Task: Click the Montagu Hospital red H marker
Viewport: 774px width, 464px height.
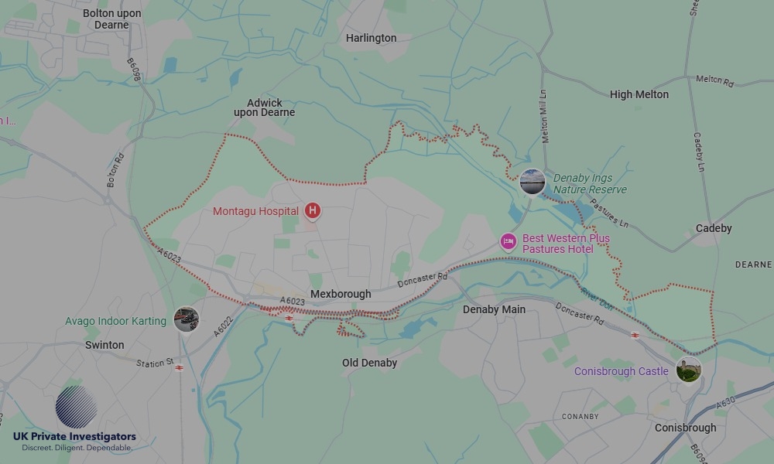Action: tap(313, 210)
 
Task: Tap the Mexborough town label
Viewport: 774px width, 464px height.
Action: tap(341, 294)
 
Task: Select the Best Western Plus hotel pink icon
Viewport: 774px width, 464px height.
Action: tap(509, 242)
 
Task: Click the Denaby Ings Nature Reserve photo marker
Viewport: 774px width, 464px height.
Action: tap(532, 182)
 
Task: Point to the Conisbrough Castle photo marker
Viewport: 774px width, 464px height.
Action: tap(688, 370)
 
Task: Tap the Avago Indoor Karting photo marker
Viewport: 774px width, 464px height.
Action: tap(186, 319)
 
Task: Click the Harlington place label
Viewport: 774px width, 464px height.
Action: tap(371, 38)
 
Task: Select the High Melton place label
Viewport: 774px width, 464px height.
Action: tap(639, 94)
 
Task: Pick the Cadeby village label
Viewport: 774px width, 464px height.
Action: tap(714, 228)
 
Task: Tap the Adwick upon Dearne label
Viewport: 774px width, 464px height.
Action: tap(264, 107)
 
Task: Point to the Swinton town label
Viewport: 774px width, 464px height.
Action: tap(104, 345)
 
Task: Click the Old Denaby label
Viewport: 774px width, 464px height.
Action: tap(369, 363)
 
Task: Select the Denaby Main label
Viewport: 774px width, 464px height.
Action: tap(494, 309)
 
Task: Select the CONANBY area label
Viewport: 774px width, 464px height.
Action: tap(580, 416)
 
